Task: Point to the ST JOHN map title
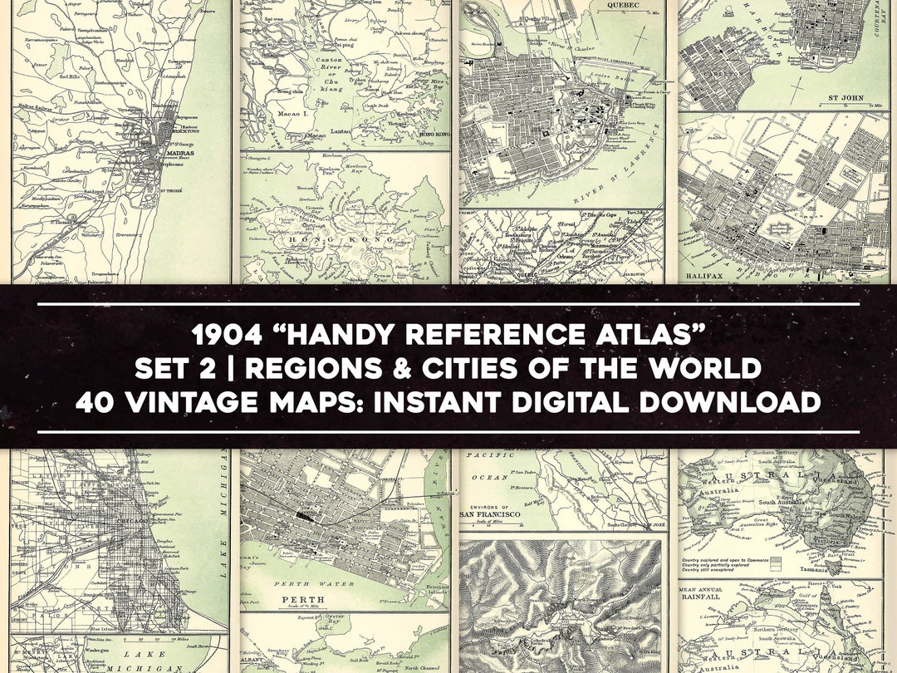point(847,98)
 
